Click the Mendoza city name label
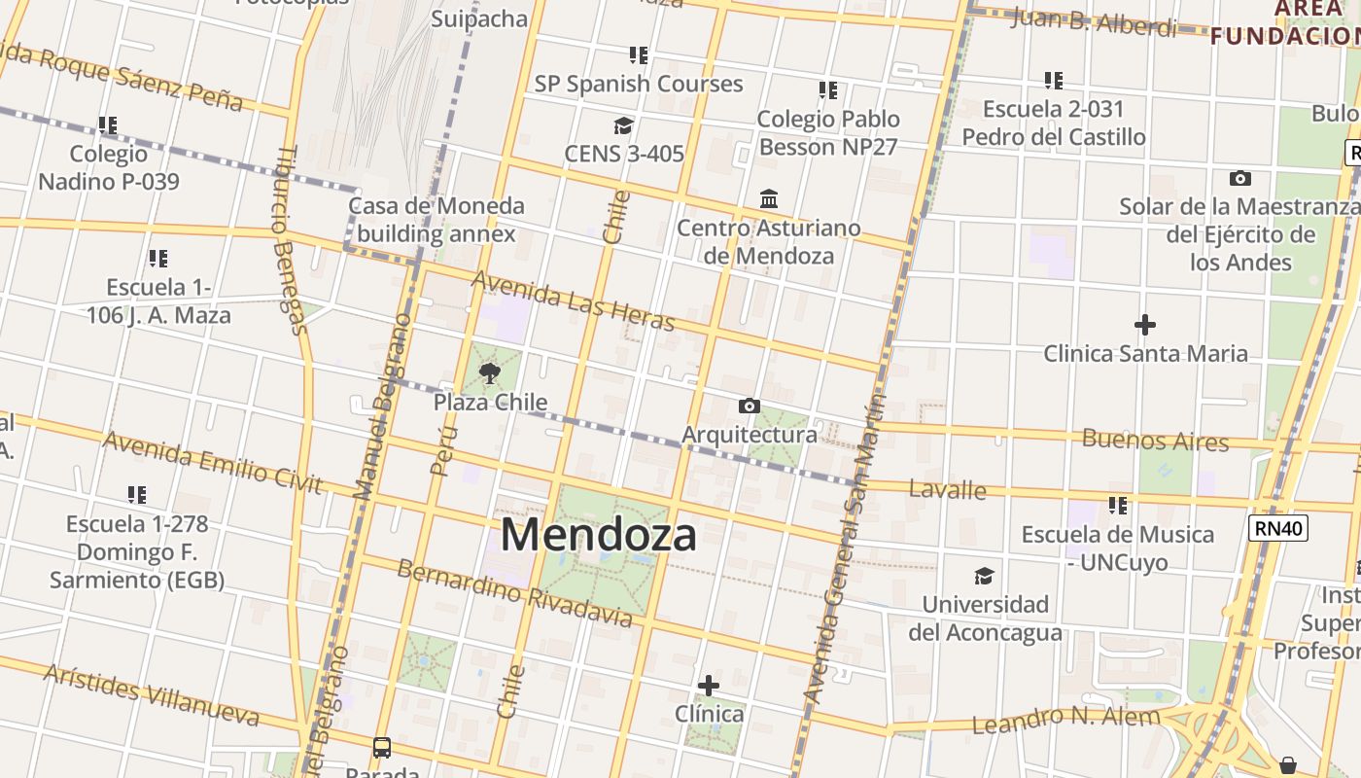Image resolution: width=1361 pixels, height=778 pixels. tap(598, 535)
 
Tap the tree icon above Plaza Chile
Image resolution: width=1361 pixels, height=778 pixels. tap(490, 372)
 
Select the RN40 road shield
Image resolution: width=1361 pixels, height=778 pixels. tap(1278, 528)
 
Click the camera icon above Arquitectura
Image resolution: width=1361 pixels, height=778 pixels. tap(749, 406)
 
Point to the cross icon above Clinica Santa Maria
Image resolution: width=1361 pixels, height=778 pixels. tap(1145, 324)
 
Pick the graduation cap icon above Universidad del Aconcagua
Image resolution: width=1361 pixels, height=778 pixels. tap(985, 576)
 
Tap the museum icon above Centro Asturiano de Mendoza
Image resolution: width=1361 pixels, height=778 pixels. tap(769, 198)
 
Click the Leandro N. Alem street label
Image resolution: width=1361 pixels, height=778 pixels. tap(1065, 721)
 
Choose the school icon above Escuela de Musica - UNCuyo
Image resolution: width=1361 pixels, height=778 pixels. tap(1118, 506)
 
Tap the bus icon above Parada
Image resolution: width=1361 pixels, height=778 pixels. tap(382, 748)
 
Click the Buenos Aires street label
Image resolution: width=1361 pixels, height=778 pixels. tap(1155, 440)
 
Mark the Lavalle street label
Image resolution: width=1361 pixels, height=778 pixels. tap(947, 489)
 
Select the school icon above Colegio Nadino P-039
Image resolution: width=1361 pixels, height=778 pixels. tap(108, 125)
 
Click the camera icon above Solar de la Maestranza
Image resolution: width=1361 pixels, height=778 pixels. tap(1239, 178)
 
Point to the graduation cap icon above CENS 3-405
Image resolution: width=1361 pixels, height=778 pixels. tap(623, 125)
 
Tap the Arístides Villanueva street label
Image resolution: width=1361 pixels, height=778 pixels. tap(151, 694)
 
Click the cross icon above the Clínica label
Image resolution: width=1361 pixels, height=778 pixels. tap(709, 686)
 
